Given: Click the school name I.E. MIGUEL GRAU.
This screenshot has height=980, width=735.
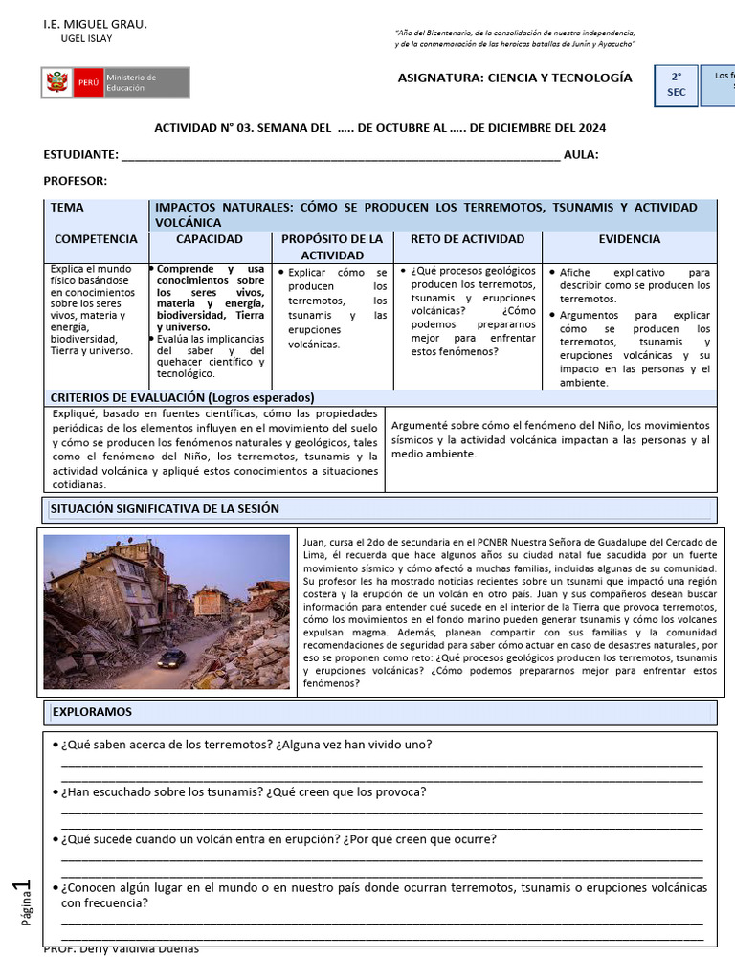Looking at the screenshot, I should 96,22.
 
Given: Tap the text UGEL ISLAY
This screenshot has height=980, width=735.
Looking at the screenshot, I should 86,38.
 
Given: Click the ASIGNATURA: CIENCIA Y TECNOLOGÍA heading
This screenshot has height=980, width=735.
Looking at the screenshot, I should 515,78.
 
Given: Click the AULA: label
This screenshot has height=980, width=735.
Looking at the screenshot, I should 581,155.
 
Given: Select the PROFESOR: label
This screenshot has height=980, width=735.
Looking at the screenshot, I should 76,181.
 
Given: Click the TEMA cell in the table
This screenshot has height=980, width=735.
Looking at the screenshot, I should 67,207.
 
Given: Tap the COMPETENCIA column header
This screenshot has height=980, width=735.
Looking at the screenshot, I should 96,239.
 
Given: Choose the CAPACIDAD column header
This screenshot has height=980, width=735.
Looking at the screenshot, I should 210,239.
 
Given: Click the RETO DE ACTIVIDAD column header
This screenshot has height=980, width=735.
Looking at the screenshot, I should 467,239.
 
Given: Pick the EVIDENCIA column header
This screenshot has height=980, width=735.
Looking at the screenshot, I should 629,239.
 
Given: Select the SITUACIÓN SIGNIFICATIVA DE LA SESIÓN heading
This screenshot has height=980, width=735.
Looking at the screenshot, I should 165,509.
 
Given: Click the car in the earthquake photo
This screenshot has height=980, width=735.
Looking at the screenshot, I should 171,658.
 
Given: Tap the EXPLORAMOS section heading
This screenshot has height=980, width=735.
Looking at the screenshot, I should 92,712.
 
